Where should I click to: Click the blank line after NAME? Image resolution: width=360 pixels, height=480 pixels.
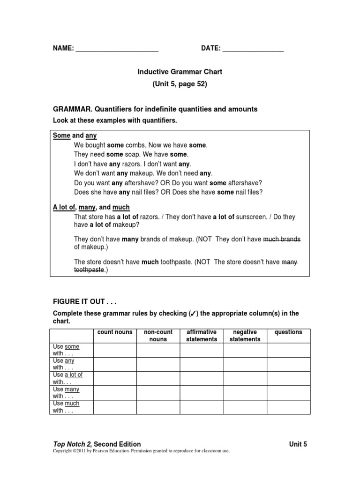point(117,49)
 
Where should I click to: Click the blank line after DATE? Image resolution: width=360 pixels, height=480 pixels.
point(253,49)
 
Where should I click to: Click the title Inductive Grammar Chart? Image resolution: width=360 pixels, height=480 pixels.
point(180,72)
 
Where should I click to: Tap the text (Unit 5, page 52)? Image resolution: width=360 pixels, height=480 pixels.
point(180,84)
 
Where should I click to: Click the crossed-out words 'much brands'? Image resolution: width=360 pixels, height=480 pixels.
point(282,240)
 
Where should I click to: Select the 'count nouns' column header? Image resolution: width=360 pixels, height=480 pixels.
point(115,332)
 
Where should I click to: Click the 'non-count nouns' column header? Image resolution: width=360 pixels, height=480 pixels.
point(158,336)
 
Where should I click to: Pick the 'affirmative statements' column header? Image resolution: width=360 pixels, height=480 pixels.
point(202,336)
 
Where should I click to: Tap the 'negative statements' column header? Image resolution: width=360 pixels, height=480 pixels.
point(245,336)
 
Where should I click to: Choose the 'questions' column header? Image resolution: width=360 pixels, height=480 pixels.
point(288,332)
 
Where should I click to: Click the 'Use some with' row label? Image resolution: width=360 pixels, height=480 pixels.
point(66,350)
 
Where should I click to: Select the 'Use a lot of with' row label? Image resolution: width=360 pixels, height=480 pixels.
point(67,378)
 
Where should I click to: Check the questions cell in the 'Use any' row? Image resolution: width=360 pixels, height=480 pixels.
point(288,364)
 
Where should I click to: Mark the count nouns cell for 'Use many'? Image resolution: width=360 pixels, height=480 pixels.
point(115,393)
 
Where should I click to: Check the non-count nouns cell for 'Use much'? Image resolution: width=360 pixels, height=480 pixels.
point(158,407)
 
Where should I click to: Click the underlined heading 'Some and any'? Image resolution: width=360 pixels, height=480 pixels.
point(75,136)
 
